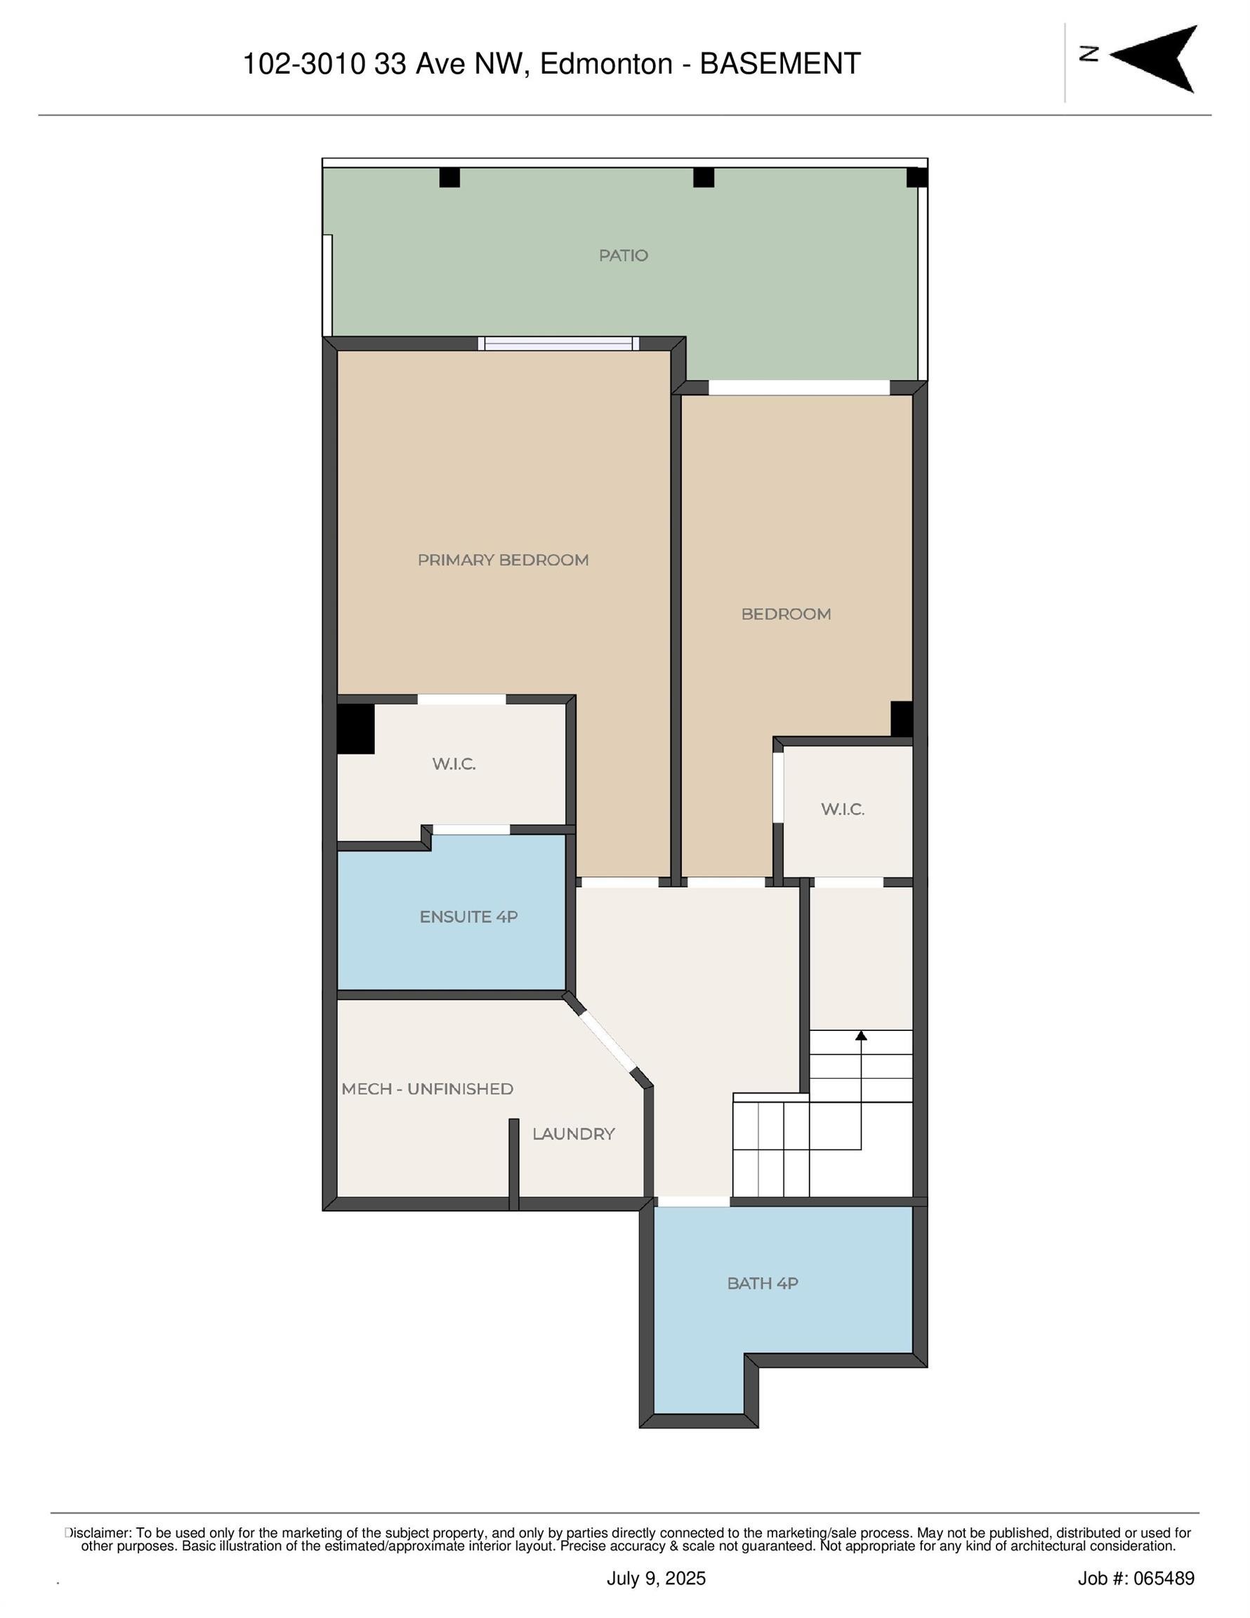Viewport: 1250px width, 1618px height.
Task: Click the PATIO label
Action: (x=623, y=256)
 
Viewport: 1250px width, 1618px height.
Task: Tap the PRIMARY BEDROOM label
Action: (x=503, y=560)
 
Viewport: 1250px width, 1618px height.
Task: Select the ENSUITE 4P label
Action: (x=468, y=917)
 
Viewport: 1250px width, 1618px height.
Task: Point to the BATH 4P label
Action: (x=763, y=1284)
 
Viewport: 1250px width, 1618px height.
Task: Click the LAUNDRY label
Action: (x=574, y=1134)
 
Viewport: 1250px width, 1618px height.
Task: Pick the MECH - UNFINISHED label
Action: (x=428, y=1089)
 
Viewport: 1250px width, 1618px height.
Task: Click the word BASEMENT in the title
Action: (x=780, y=65)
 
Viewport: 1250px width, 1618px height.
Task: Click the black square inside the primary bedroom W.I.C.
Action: (x=355, y=729)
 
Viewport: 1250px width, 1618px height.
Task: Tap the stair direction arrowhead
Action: (x=861, y=1035)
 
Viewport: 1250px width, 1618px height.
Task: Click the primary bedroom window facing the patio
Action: (x=558, y=343)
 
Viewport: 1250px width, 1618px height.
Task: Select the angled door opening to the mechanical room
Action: (x=607, y=1042)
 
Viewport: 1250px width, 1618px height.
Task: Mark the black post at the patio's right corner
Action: (x=916, y=178)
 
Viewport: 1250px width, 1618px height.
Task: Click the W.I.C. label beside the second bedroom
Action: (x=843, y=810)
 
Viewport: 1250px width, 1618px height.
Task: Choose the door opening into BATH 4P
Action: (x=694, y=1202)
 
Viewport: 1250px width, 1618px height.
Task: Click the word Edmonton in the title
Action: (x=606, y=65)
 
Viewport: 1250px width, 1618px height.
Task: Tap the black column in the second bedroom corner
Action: (x=901, y=718)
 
